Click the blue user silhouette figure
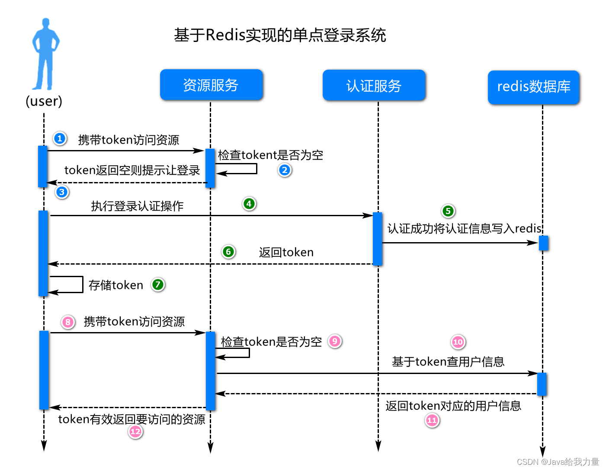coord(45,54)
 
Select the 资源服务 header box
coord(211,85)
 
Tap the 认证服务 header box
coord(374,86)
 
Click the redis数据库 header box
coord(533,87)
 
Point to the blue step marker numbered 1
coord(60,138)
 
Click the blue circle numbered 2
coord(284,170)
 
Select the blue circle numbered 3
coord(62,192)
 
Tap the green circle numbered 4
coord(249,204)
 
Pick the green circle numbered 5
coord(448,211)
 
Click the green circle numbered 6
coord(228,252)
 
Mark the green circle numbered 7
coord(158,285)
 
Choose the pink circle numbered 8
coord(68,322)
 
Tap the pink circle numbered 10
coord(458,342)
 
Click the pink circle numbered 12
coord(135,431)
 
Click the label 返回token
coord(286,252)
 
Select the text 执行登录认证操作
coord(137,206)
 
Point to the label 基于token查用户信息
coord(448,361)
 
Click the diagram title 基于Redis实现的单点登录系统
coord(280,35)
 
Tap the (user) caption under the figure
coord(44,101)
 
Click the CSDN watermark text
coord(558,462)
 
